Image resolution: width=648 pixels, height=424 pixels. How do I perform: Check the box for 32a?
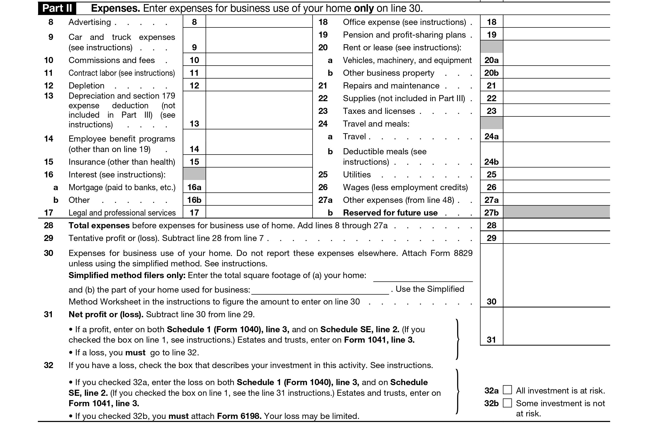coord(507,390)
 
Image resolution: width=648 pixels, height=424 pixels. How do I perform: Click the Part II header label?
coord(57,8)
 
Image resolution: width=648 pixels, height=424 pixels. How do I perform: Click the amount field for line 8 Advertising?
coord(259,22)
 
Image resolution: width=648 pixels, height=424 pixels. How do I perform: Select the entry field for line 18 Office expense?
coord(556,22)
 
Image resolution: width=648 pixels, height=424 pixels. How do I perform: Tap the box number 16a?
coord(194,187)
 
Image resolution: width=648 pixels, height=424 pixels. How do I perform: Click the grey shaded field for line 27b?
coord(556,212)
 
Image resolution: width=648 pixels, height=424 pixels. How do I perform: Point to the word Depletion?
coord(86,85)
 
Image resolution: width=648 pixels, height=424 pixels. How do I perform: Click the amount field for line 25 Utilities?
coord(556,174)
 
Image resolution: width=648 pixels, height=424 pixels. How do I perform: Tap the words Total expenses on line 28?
coord(99,225)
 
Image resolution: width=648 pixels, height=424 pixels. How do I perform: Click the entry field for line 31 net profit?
coord(556,327)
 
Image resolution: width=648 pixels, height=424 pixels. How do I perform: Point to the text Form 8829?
coord(451,253)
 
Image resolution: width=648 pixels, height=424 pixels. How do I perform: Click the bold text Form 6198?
coord(239,416)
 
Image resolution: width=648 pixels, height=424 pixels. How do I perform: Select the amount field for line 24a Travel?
coord(556,136)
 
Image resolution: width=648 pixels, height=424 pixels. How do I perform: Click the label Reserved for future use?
coord(390,213)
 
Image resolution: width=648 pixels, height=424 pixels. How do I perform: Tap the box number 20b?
coord(491,73)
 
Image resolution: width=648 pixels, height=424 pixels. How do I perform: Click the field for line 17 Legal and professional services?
coord(259,212)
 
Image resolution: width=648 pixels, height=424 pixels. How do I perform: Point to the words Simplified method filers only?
coord(127,275)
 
